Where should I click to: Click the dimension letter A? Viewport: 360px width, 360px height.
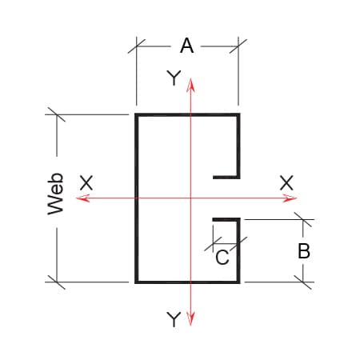point(186,46)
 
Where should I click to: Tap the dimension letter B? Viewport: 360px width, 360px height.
point(304,251)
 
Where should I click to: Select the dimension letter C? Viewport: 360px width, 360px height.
point(222,258)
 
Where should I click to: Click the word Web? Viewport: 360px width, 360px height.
point(55,194)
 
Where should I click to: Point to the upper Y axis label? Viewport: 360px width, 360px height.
point(174,78)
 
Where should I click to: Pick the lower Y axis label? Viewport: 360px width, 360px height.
point(174,319)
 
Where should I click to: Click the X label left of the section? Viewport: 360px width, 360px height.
point(86,182)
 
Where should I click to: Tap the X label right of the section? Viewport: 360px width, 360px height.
point(286,182)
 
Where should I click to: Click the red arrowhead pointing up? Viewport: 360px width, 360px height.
point(190,86)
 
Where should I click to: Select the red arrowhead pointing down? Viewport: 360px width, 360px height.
point(190,319)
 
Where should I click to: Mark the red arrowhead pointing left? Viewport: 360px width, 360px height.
point(82,198)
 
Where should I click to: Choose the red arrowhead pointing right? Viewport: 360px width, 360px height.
point(290,198)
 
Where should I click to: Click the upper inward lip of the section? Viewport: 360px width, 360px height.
point(226,177)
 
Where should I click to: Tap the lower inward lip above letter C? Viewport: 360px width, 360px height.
point(226,220)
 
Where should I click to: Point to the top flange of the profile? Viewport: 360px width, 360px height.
point(187,115)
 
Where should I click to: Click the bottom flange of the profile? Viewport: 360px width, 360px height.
point(187,282)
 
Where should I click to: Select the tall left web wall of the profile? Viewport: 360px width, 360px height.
point(137,198)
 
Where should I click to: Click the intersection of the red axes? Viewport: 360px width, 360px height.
point(190,198)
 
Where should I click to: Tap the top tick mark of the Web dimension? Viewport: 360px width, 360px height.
point(57,114)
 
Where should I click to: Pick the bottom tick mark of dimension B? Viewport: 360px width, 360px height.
point(303,282)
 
